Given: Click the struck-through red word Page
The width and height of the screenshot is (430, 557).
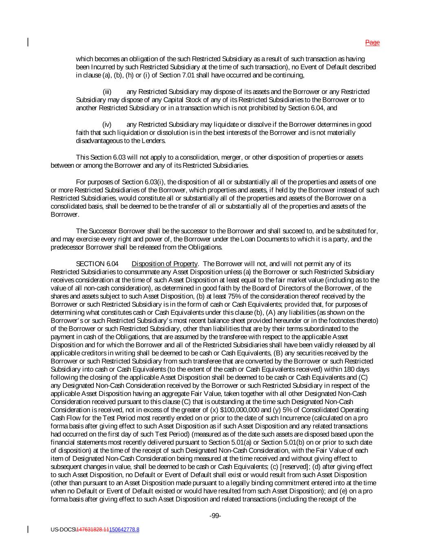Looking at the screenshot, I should [372, 42].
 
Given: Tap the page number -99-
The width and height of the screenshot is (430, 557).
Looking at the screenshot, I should [215, 516].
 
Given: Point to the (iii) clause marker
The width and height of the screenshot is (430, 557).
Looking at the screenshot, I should [107, 92].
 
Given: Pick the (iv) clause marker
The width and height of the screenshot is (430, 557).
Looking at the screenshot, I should [107, 124].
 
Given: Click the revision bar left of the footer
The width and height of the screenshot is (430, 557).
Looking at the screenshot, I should [28, 529].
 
